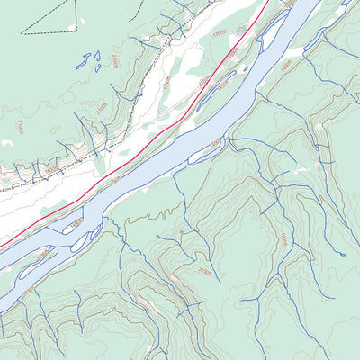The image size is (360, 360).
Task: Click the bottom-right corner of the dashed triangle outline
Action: [x=77, y=31]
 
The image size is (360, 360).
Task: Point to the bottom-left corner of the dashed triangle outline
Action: [x=22, y=32]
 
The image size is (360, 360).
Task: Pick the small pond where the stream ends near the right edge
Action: [x=343, y=254]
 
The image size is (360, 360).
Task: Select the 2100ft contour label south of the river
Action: [x=206, y=268]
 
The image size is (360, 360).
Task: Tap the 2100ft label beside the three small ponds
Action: [x=117, y=61]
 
